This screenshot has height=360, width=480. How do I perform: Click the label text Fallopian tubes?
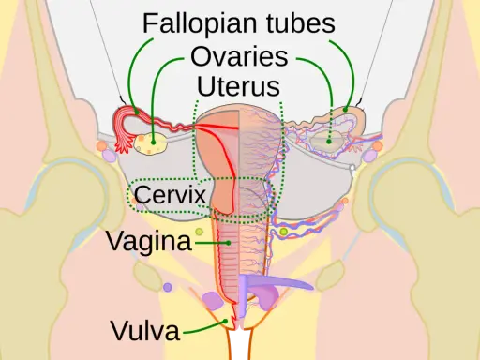(239, 22)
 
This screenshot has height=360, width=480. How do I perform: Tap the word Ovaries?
(239, 56)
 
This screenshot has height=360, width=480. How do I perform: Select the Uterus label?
(238, 86)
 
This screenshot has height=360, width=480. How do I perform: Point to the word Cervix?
(171, 194)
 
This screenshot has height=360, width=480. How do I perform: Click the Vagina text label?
(149, 242)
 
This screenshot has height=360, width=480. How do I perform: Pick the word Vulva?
(145, 331)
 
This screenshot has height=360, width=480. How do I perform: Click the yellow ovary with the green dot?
(150, 143)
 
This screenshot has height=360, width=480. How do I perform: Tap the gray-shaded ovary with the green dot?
(328, 140)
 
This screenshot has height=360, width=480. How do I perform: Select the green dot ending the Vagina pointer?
(229, 243)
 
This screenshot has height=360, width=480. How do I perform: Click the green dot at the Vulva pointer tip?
(225, 321)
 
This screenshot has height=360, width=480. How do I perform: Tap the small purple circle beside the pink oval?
(168, 287)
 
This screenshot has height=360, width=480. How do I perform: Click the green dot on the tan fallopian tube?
(345, 110)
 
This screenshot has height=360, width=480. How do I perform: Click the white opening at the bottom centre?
(239, 344)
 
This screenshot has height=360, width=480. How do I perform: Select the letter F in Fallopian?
(149, 22)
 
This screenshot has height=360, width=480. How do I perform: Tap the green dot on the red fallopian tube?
(137, 112)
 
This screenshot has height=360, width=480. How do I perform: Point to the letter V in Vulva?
(120, 331)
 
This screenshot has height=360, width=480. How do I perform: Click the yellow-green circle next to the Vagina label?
(199, 232)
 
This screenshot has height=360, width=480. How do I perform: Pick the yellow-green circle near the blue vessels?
(283, 232)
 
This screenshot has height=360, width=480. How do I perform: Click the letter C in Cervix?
(142, 194)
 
